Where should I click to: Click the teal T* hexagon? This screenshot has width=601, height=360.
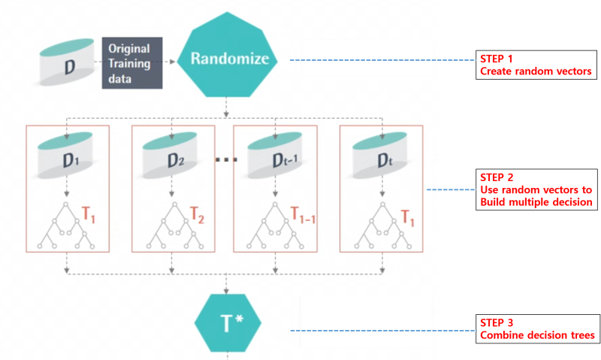[228, 322]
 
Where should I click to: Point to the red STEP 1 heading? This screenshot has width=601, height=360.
[496, 59]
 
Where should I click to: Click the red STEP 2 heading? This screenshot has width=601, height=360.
[496, 177]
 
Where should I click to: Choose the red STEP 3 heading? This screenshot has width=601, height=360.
[496, 322]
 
